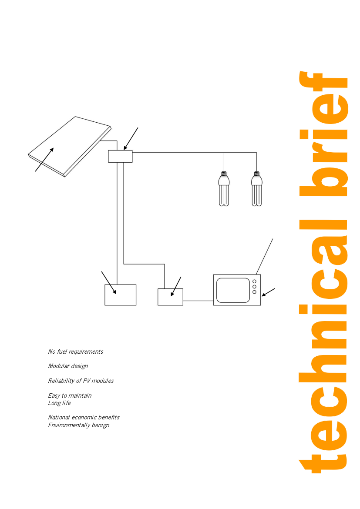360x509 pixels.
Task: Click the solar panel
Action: coord(70,147)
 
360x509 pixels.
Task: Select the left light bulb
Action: coord(224,189)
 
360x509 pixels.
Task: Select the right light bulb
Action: coord(257,189)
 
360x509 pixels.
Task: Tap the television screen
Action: coord(233,290)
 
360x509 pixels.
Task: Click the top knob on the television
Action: coord(254,281)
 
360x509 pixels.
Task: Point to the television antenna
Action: coord(265,256)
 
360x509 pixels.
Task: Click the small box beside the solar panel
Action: coord(120,156)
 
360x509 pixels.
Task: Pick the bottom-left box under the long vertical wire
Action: coord(120,295)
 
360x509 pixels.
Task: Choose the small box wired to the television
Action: coord(170,297)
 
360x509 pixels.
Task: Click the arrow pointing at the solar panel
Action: coord(44,159)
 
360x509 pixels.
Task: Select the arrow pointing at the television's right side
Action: coord(269,292)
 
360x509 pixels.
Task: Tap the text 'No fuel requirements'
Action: coord(76,352)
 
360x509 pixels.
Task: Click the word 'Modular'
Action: coord(59,366)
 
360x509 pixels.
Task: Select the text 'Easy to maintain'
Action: coord(70,395)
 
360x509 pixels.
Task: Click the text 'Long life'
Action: coord(60,403)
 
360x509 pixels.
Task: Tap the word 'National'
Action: coord(59,417)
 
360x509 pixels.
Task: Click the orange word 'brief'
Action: coord(323,134)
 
